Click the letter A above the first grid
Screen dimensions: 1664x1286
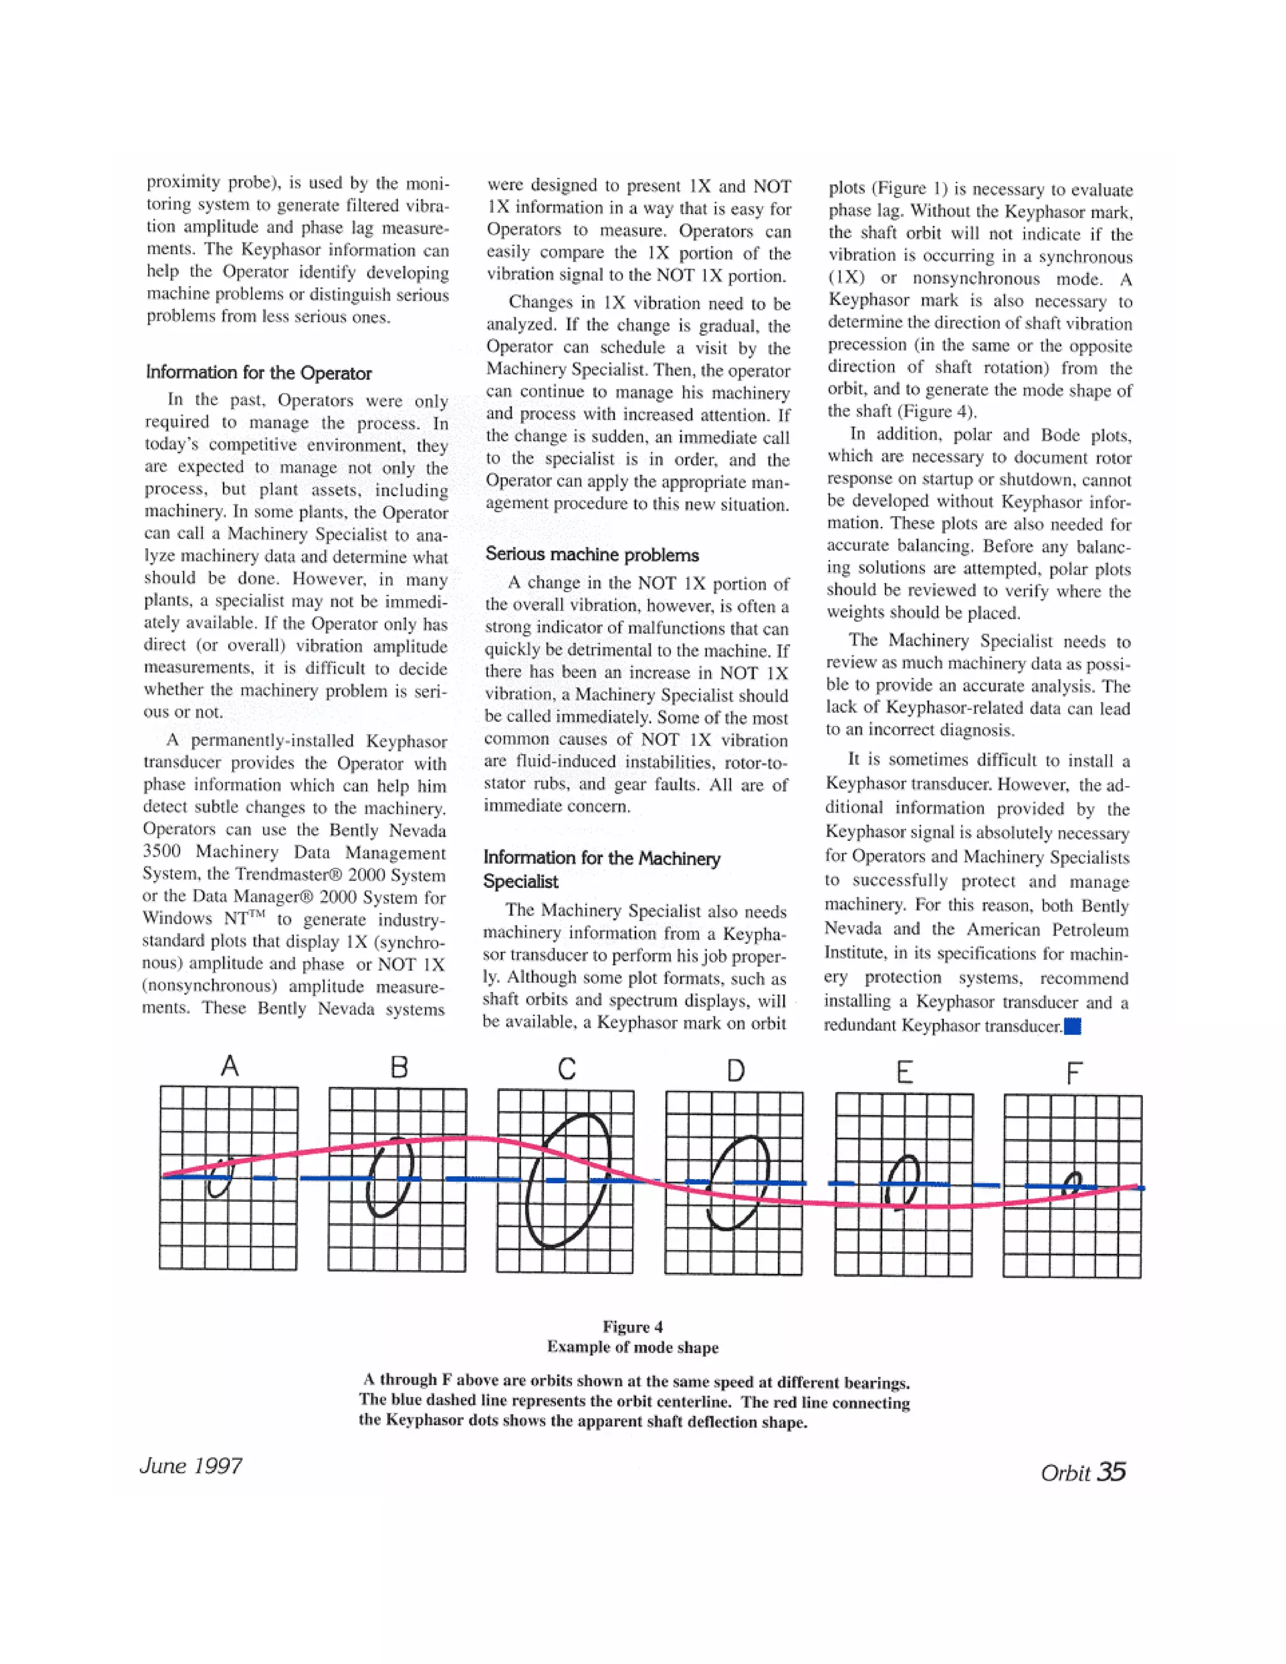(229, 1065)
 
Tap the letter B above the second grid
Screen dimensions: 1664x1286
(399, 1067)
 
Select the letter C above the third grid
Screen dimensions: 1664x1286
(567, 1069)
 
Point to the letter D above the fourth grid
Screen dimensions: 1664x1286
(735, 1071)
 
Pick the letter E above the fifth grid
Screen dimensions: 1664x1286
(904, 1072)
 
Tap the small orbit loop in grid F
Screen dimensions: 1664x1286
(1072, 1182)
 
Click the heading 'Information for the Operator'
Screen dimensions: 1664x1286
(259, 372)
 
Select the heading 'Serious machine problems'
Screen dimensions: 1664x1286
(592, 554)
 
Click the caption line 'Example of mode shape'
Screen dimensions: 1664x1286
(632, 1346)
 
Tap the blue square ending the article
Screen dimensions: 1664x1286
(1073, 1026)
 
